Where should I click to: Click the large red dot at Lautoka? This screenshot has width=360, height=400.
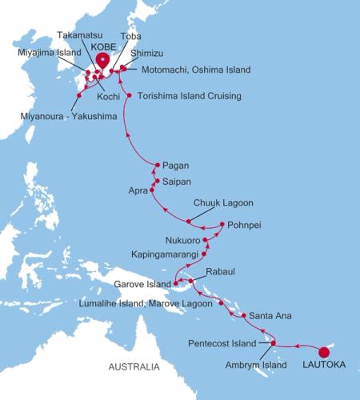tap(324, 351)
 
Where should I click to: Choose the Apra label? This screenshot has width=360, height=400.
tap(139, 192)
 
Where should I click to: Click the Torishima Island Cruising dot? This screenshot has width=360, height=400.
tap(130, 97)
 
